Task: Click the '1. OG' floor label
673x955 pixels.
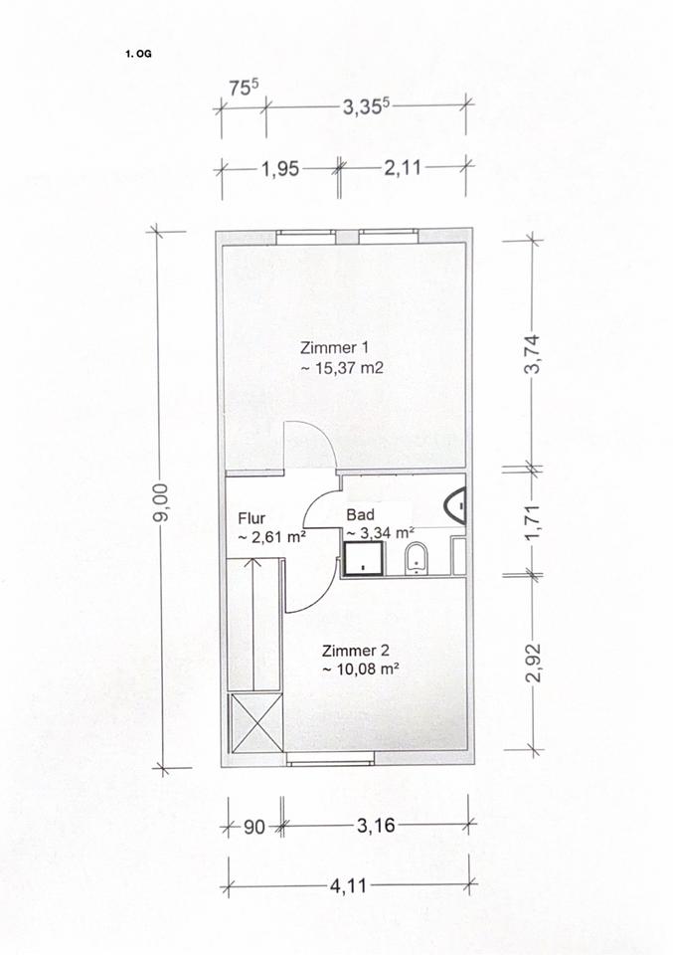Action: tap(138, 54)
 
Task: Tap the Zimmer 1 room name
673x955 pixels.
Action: tap(334, 348)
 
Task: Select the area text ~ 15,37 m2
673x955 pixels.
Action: tap(342, 368)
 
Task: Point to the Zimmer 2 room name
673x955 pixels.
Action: tap(355, 651)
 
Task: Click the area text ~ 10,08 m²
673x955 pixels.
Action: tap(360, 669)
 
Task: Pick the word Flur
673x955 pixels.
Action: tap(252, 518)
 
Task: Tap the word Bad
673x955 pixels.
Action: tap(360, 514)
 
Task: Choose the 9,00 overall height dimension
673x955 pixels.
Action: tap(160, 502)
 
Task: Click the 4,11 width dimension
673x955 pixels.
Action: tap(348, 885)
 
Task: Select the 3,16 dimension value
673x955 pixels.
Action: tap(376, 826)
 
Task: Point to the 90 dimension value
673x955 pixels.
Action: tap(254, 827)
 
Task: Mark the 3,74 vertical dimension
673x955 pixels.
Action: tap(533, 354)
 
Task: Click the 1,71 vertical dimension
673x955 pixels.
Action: tap(533, 522)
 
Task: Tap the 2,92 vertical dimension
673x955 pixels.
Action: tap(534, 663)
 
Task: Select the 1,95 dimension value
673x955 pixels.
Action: tap(280, 168)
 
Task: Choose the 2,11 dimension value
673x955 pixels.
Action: tap(403, 167)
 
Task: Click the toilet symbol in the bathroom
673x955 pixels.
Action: tap(417, 558)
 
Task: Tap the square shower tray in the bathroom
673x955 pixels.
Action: tap(364, 558)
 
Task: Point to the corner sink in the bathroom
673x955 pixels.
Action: tap(455, 505)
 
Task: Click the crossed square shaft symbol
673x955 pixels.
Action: tap(254, 722)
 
